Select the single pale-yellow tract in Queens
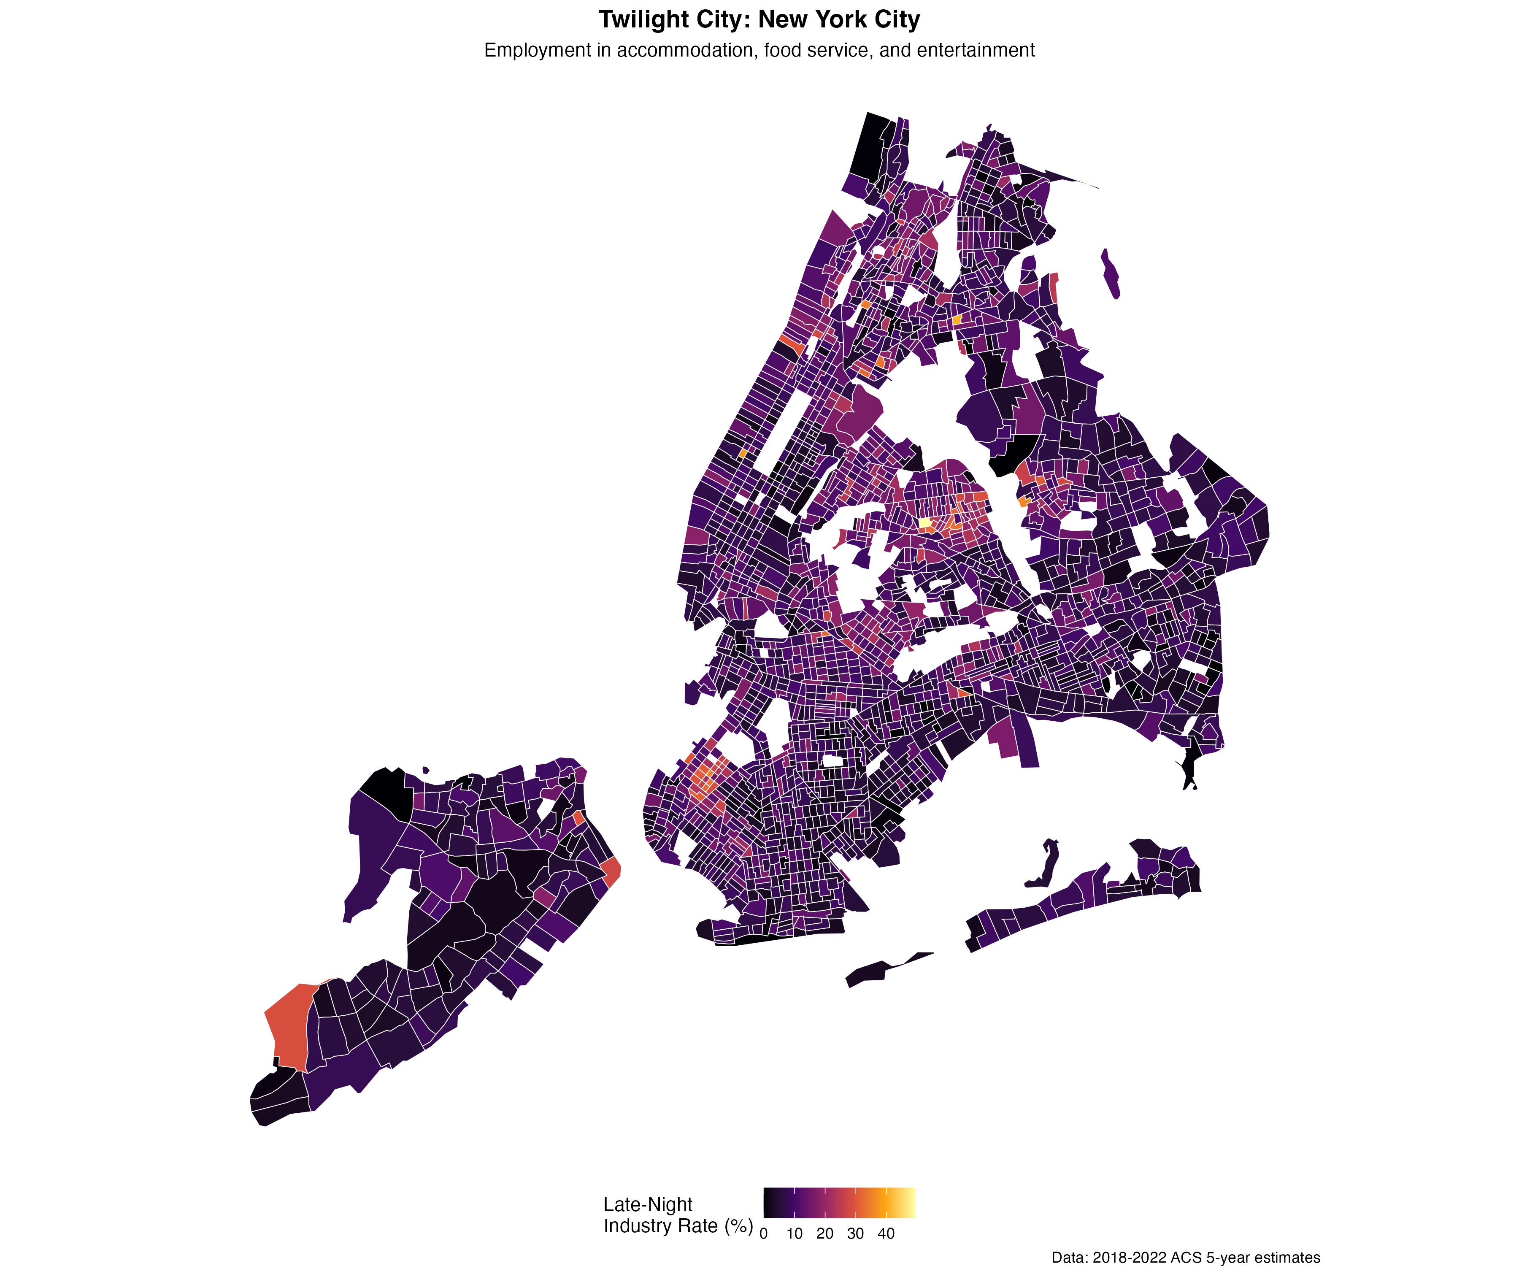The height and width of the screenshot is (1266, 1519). click(924, 522)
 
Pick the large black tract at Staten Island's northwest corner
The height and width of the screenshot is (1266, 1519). click(384, 789)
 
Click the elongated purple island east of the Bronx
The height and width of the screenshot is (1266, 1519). click(1111, 273)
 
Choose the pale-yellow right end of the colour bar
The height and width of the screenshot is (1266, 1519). click(907, 1202)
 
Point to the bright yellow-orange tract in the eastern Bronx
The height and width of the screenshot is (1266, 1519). click(957, 319)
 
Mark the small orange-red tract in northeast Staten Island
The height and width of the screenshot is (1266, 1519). click(578, 817)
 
